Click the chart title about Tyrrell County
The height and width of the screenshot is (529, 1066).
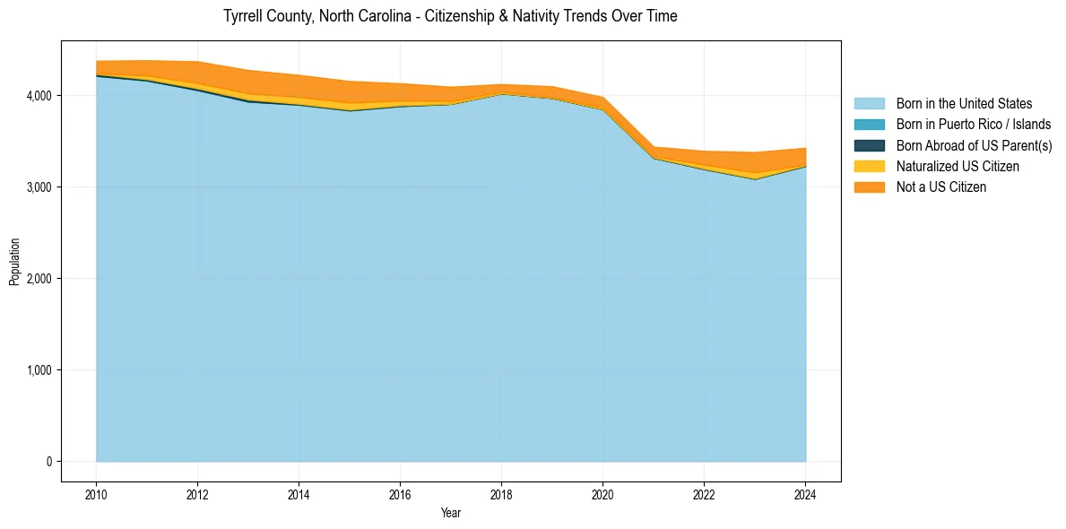click(450, 16)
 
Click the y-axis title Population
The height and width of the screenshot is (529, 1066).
click(14, 261)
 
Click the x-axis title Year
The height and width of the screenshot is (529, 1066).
click(451, 513)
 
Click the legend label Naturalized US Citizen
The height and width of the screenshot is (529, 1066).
click(958, 167)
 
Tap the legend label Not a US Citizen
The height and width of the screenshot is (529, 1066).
click(941, 187)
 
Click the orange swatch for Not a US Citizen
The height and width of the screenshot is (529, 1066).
click(869, 187)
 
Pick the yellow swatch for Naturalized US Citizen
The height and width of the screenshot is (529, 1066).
click(869, 167)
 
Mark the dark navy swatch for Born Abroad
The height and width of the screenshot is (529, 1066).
click(869, 145)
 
